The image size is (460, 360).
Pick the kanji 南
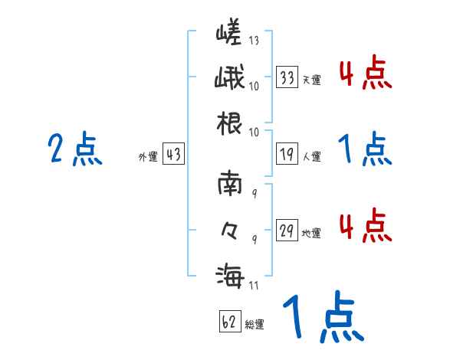[x=229, y=185]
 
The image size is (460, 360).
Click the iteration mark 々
[x=229, y=228]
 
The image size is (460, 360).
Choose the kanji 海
[x=229, y=274]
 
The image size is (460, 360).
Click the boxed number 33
[x=287, y=77]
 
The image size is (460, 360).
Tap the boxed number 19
[x=287, y=154]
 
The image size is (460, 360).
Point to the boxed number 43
[x=173, y=155]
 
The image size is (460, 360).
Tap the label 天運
[x=311, y=80]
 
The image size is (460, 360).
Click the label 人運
[x=311, y=156]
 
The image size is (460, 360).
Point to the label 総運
[x=255, y=324]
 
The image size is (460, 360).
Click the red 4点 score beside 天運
[x=365, y=74]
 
